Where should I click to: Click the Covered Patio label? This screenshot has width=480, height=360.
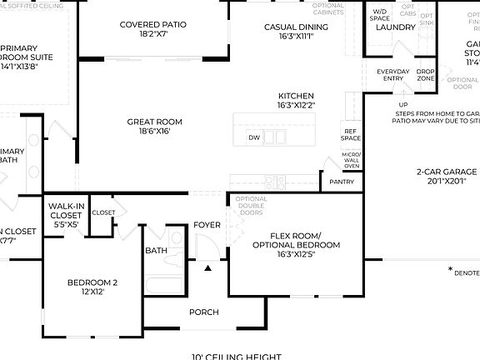(154, 25)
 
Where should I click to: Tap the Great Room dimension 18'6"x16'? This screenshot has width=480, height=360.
(154, 132)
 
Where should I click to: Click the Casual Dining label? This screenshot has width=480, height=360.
(296, 27)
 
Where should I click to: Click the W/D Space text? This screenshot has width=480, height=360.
(380, 14)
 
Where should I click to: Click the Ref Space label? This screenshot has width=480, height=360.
(351, 134)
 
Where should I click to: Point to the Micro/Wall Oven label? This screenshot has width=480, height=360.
(351, 160)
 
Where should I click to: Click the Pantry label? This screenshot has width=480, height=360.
(342, 182)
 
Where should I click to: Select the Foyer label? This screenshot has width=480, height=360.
(207, 225)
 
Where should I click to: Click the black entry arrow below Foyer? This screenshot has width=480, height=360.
(207, 267)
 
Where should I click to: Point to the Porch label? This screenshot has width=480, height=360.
(203, 312)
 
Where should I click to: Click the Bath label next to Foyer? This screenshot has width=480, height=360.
(156, 250)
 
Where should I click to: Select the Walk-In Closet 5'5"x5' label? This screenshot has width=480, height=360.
(64, 213)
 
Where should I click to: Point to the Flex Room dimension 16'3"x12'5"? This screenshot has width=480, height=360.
(296, 254)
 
